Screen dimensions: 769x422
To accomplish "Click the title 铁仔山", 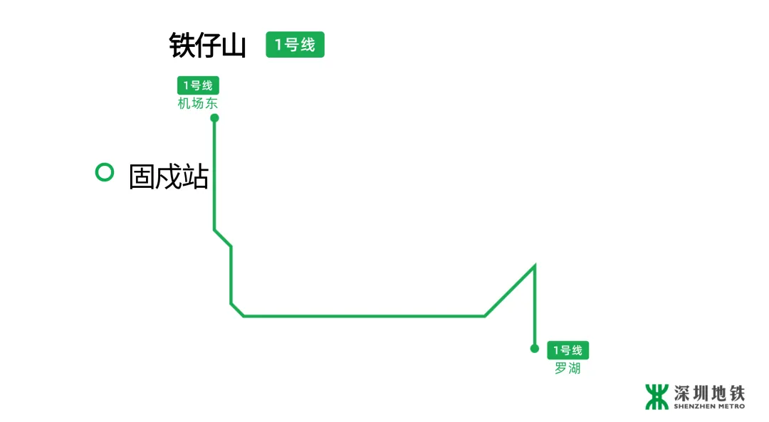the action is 207,46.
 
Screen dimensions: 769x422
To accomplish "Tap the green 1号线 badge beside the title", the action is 295,45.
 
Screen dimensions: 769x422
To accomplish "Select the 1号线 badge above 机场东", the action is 198,85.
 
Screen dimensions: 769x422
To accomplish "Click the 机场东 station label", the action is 198,103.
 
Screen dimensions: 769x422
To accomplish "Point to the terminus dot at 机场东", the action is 214,118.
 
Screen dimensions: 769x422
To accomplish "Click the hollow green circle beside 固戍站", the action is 105,172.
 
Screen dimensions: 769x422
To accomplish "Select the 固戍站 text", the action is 168,176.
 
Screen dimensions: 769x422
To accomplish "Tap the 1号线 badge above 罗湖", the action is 567,350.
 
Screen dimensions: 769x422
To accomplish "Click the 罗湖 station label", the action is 567,369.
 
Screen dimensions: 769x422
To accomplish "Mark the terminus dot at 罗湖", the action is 535,349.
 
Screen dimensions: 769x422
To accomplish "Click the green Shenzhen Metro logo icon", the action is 656,396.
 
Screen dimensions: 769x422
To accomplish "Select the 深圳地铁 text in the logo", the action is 709,393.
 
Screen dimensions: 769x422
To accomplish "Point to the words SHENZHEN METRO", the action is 709,406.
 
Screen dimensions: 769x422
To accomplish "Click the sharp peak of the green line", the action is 534,266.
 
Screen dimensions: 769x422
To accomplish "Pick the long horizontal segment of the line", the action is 363,315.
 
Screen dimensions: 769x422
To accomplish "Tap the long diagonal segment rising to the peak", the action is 509,291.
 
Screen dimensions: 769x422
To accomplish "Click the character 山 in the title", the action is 234,46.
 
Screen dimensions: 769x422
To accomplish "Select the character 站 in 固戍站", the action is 195,176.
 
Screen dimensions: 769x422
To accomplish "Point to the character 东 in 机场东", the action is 211,103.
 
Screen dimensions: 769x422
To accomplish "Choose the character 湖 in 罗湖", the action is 574,369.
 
